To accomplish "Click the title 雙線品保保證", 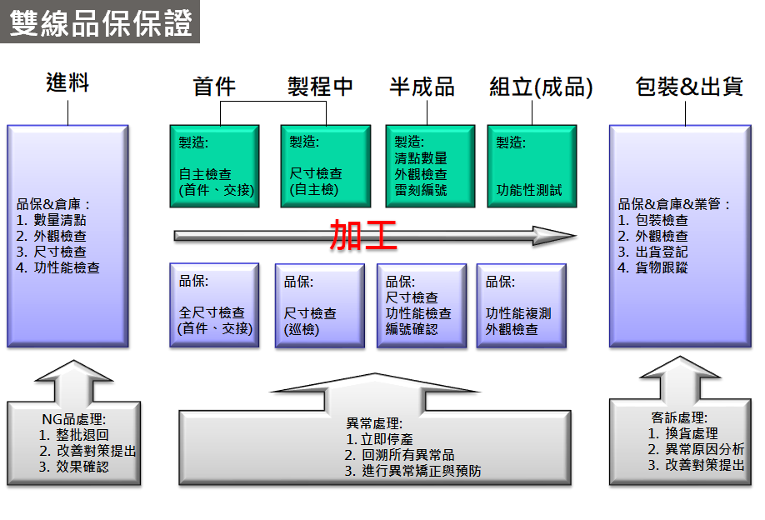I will click(x=100, y=22).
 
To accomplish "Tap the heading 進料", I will click(x=67, y=83).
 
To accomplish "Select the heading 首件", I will click(x=214, y=87).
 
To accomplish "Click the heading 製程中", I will click(x=321, y=87).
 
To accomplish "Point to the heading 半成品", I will click(x=422, y=87).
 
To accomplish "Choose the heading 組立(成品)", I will click(x=541, y=87).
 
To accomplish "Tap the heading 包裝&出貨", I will click(x=688, y=87).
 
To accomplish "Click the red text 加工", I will click(x=363, y=236).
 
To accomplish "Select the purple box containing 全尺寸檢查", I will click(x=215, y=305).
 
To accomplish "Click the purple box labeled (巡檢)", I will click(x=319, y=305).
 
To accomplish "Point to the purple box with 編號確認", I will click(x=421, y=305).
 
